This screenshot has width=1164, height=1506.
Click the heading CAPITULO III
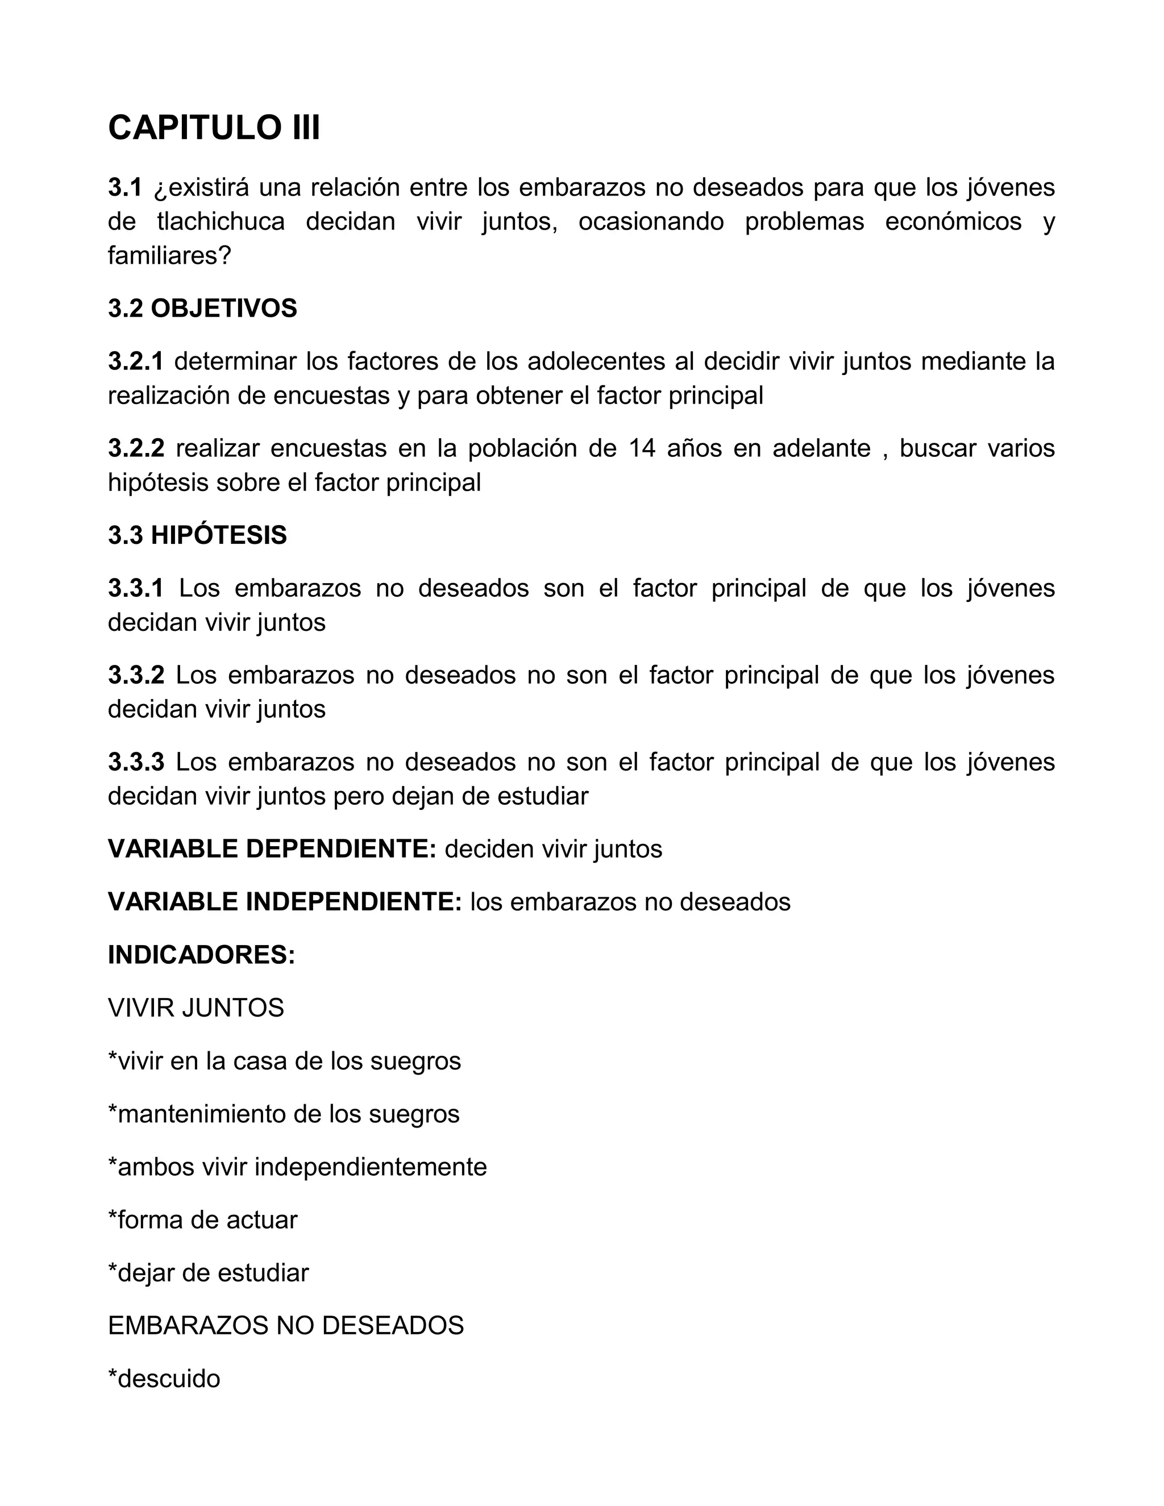pos(214,128)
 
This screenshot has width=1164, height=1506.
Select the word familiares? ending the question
pos(169,256)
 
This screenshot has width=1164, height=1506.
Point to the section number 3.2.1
pos(136,361)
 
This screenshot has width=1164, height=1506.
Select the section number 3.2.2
pos(136,448)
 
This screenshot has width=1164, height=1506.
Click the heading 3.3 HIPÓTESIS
pos(197,535)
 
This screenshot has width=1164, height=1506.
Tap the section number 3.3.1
pos(136,588)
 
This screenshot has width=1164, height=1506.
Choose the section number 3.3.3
pos(136,762)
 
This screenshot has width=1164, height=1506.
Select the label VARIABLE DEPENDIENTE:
pos(272,849)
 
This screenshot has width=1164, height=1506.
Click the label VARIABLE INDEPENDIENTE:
pos(285,902)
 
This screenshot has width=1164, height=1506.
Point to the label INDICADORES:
pos(201,955)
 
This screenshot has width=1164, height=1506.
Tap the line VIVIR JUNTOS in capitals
pos(196,1008)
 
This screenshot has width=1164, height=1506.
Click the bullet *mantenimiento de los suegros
pos(284,1114)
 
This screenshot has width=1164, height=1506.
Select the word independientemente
pos(371,1167)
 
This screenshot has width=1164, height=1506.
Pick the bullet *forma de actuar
pos(203,1220)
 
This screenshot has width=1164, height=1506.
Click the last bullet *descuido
pos(164,1379)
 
